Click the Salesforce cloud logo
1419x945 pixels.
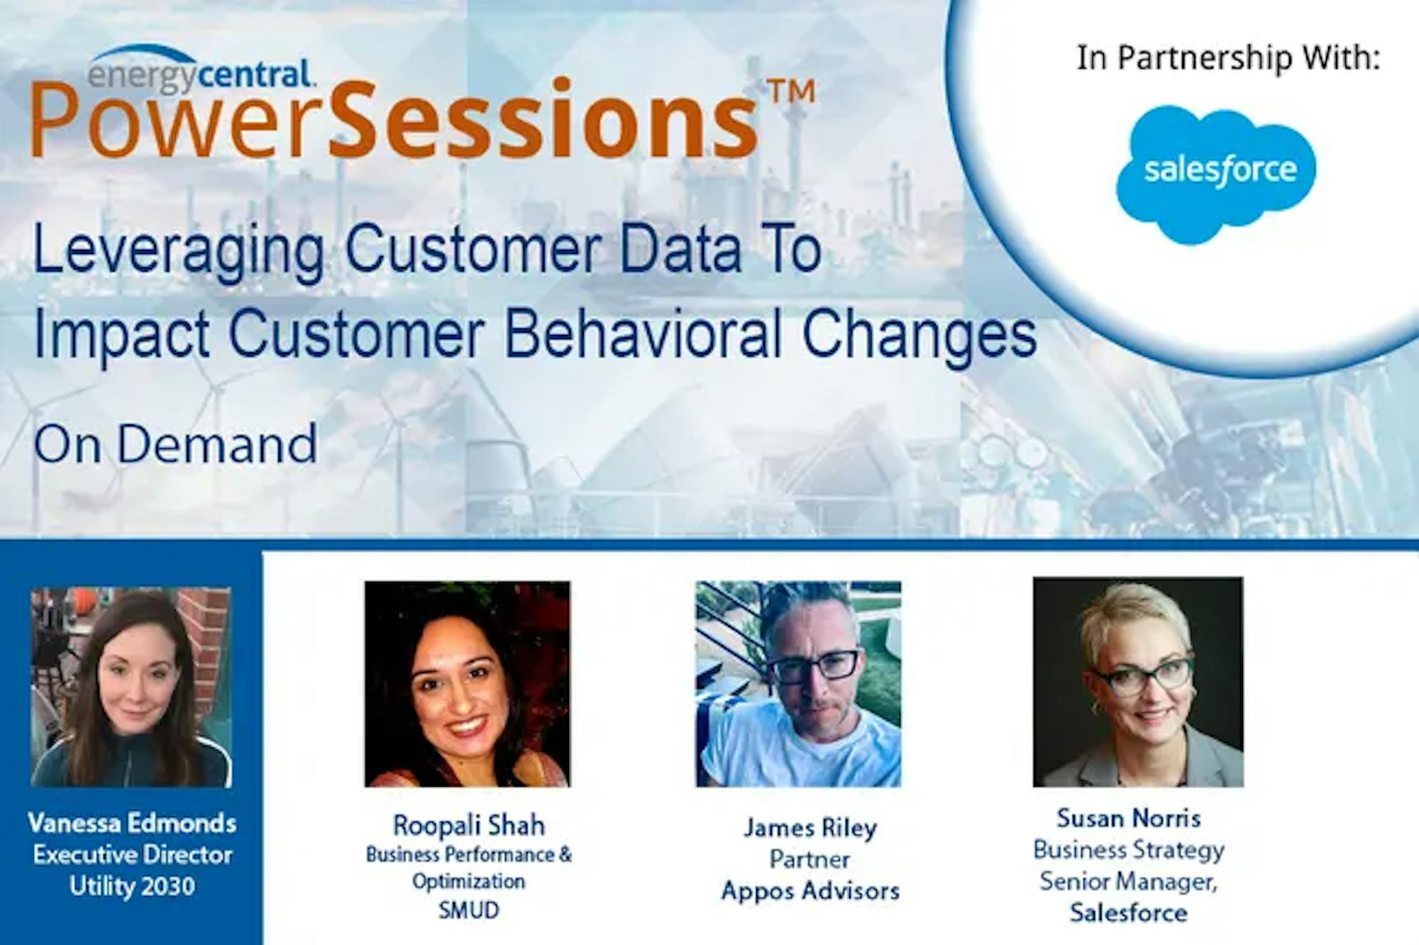pyautogui.click(x=1216, y=174)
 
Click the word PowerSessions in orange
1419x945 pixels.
pyautogui.click(x=394, y=119)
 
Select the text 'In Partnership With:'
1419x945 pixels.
pyautogui.click(x=1228, y=57)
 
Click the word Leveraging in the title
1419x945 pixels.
pyautogui.click(x=179, y=252)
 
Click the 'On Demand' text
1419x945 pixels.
pyautogui.click(x=175, y=444)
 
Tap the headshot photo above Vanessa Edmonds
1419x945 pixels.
pyautogui.click(x=131, y=687)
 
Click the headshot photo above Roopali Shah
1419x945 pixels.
pyautogui.click(x=467, y=684)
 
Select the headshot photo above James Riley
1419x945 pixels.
pyautogui.click(x=798, y=684)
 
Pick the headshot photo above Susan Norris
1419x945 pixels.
pyautogui.click(x=1138, y=682)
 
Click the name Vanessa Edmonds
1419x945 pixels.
pyautogui.click(x=132, y=824)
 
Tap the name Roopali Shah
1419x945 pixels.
pyautogui.click(x=469, y=826)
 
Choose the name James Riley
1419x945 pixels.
pyautogui.click(x=810, y=828)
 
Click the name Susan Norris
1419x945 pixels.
pyautogui.click(x=1129, y=818)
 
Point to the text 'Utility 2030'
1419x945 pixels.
pyautogui.click(x=132, y=886)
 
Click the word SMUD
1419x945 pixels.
pyautogui.click(x=468, y=910)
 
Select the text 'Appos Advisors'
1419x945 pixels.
pyautogui.click(x=810, y=890)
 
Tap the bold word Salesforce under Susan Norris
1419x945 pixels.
pyautogui.click(x=1128, y=912)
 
